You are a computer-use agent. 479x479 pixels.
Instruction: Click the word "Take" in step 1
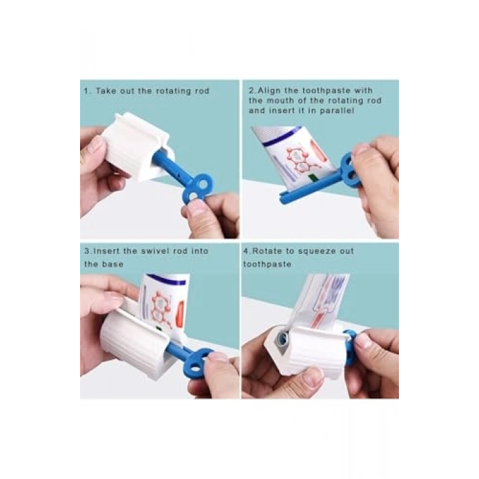pos(105,91)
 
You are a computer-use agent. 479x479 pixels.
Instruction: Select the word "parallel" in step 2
pos(337,111)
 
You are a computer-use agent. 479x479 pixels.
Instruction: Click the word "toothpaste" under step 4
pos(267,264)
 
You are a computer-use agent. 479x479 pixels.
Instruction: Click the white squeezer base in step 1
pos(134,146)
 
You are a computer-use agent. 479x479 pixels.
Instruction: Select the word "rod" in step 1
pos(202,91)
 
